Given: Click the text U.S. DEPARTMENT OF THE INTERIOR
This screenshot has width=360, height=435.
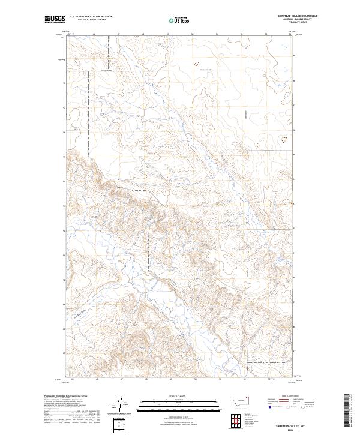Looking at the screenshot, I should click(91, 17).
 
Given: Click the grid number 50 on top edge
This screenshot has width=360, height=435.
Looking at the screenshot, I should click(193, 35).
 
